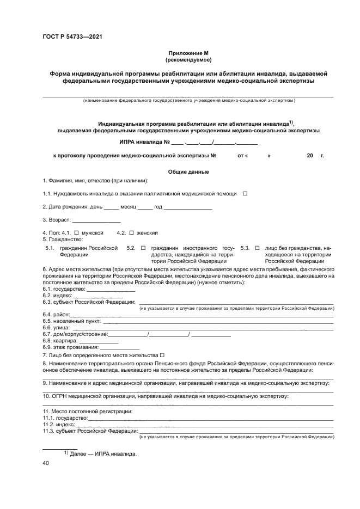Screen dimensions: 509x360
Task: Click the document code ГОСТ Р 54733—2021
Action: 72,37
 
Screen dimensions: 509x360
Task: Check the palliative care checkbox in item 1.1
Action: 245,194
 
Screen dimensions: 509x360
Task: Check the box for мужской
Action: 76,233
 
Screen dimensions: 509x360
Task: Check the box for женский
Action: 131,233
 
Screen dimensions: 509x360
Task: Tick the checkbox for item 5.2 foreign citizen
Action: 143,248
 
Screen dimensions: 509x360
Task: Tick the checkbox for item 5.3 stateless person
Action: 258,248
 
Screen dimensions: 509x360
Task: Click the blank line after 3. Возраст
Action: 96,220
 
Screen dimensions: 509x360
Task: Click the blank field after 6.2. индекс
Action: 91,296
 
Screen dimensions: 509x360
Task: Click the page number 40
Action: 46,463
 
